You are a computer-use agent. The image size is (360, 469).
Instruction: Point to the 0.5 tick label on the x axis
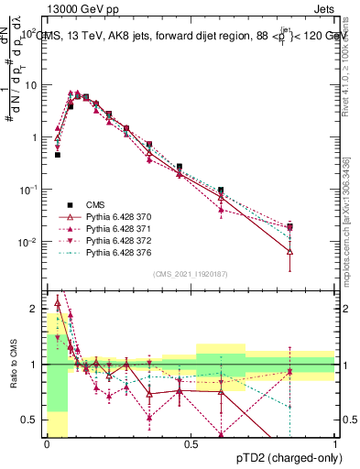(x=191, y=443)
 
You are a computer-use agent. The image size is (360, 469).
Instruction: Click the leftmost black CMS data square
(x=57, y=155)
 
